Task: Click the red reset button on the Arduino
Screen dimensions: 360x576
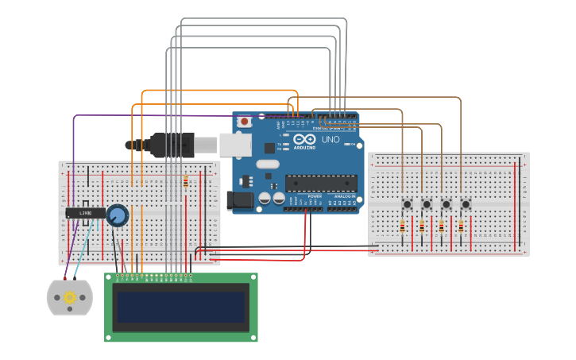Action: pyautogui.click(x=245, y=122)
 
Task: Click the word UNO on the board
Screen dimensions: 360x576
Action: pyautogui.click(x=331, y=140)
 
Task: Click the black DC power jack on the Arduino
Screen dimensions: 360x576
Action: pyautogui.click(x=239, y=201)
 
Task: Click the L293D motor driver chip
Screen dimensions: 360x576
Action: pyautogui.click(x=85, y=213)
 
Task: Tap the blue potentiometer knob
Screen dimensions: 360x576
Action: pyautogui.click(x=118, y=215)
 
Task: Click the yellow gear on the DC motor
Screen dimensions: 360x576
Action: pyautogui.click(x=70, y=298)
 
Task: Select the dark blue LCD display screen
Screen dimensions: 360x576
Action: pyautogui.click(x=181, y=307)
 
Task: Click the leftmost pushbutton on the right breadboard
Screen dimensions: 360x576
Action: pyautogui.click(x=407, y=204)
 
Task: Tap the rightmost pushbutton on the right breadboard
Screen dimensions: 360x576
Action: pyautogui.click(x=466, y=204)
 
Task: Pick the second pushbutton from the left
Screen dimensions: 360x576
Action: pyautogui.click(x=427, y=204)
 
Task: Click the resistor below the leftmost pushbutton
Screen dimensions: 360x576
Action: pyautogui.click(x=402, y=227)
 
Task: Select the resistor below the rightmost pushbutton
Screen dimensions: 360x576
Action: pyautogui.click(x=461, y=227)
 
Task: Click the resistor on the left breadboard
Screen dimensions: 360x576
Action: pyautogui.click(x=186, y=183)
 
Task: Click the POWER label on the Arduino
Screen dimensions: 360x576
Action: pyautogui.click(x=315, y=195)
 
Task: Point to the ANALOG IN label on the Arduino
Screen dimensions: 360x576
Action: pyautogui.click(x=345, y=195)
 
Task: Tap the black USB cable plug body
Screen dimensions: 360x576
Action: pyautogui.click(x=172, y=144)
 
